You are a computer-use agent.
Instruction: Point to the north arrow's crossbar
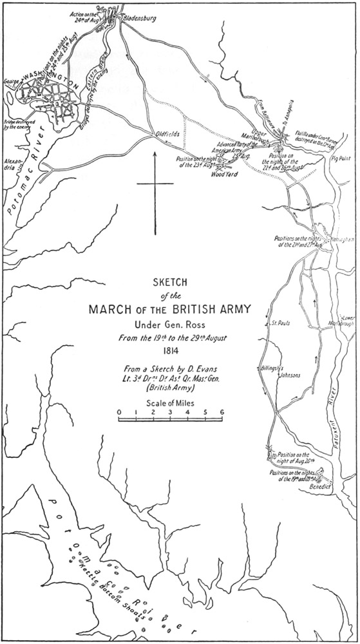tap(155, 184)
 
